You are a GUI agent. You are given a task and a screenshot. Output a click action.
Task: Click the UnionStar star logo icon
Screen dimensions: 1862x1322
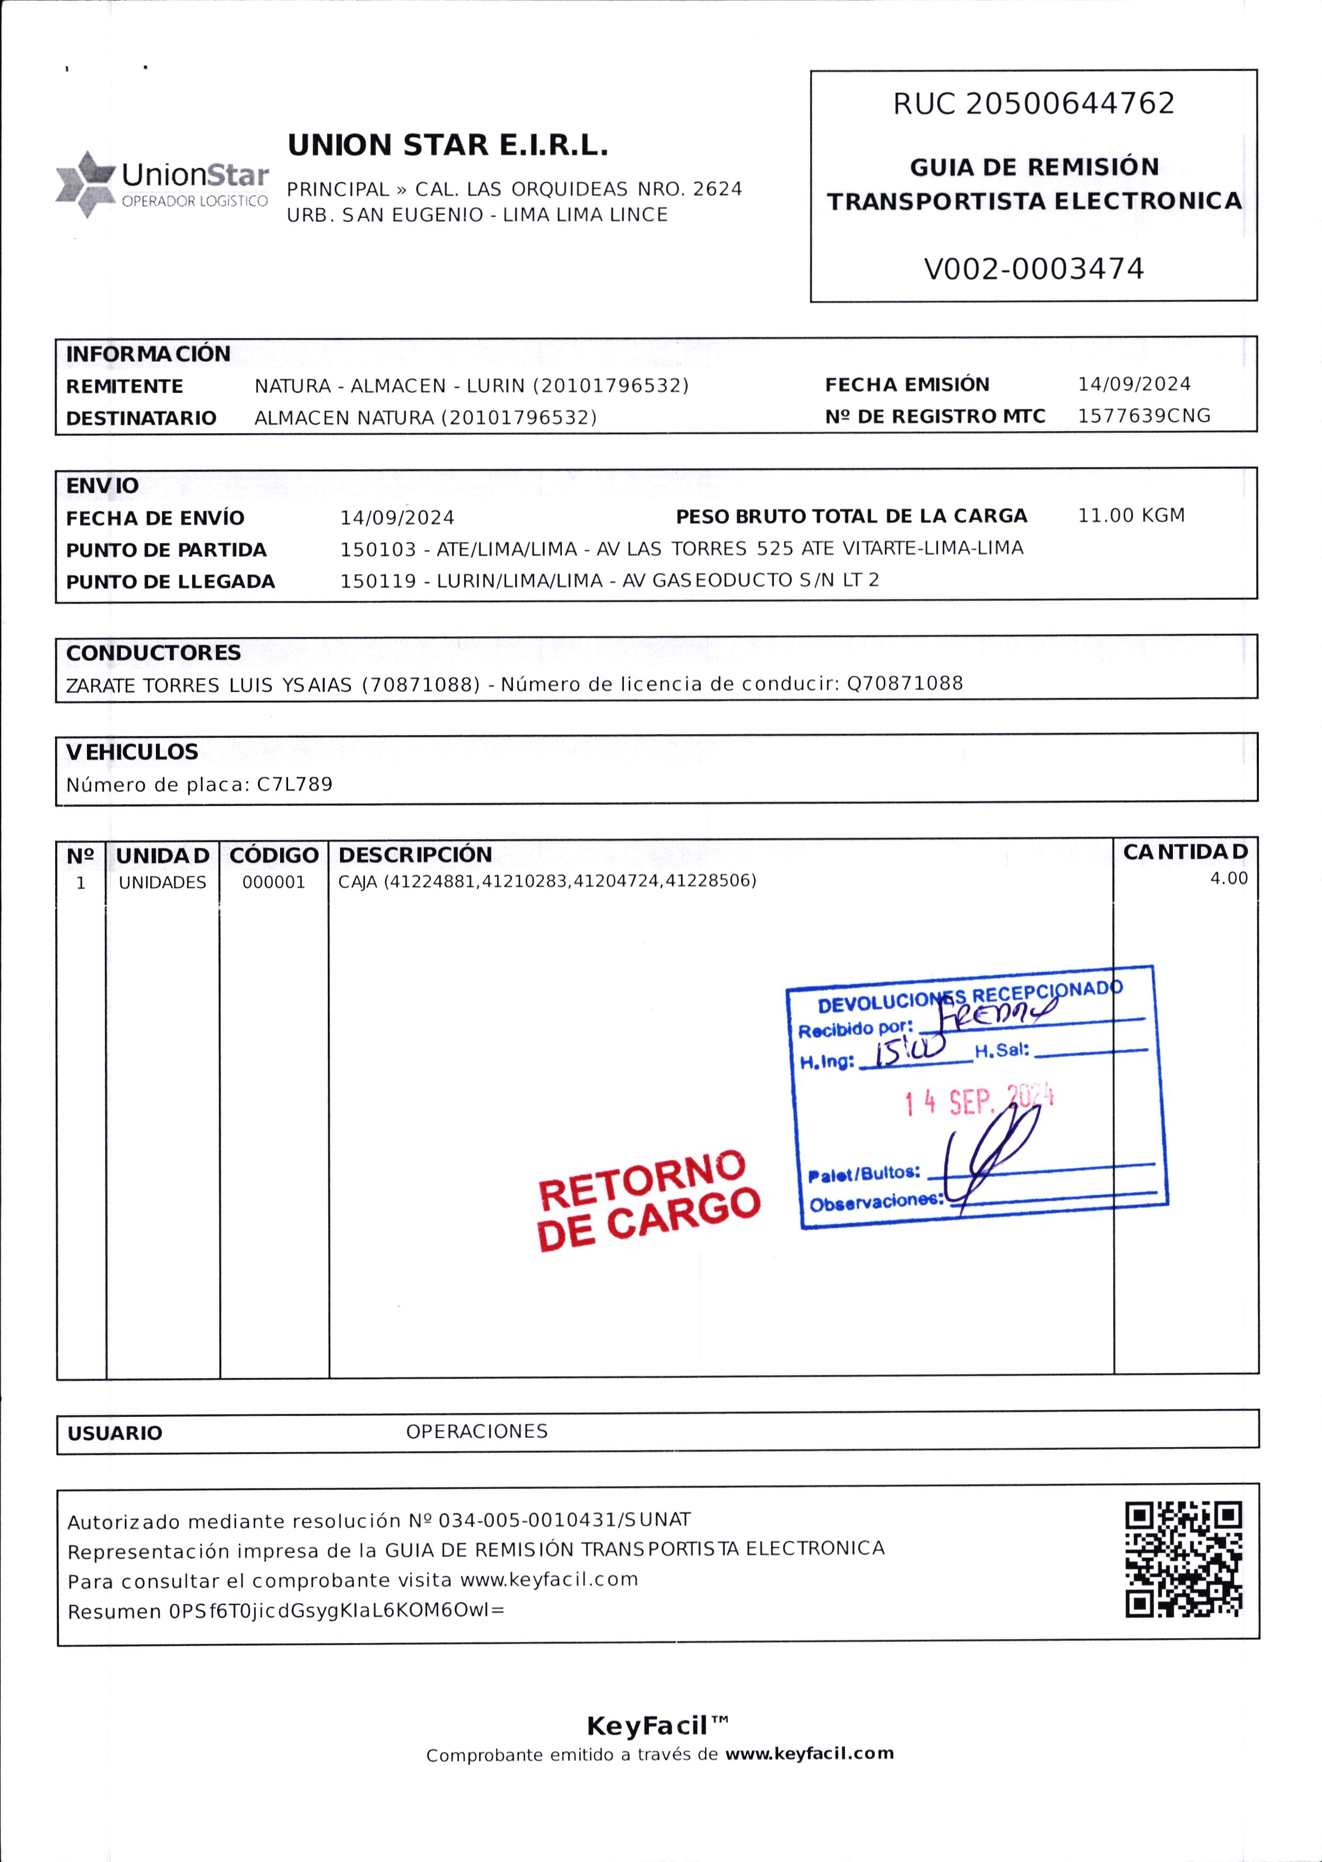(85, 184)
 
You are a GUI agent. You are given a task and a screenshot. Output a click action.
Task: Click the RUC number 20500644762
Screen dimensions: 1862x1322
(1071, 104)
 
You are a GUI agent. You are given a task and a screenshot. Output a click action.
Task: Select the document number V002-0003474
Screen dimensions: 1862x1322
(1034, 268)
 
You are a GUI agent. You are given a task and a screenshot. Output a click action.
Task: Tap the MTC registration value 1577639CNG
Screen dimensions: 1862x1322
(1144, 416)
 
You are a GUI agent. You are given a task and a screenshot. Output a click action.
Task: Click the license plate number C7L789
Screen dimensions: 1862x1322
(294, 784)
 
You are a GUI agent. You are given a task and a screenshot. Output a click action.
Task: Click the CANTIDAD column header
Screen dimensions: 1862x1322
(1185, 852)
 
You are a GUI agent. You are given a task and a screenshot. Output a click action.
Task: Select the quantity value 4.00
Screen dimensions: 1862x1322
(1229, 878)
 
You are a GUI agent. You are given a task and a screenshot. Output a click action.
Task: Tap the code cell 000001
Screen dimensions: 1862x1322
(274, 882)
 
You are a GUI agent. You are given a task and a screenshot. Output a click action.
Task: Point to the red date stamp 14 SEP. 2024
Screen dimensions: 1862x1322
(979, 1101)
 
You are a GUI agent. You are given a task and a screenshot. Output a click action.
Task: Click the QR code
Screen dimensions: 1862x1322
(1184, 1559)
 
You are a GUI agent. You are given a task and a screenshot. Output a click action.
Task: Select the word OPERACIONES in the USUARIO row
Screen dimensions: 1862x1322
(477, 1431)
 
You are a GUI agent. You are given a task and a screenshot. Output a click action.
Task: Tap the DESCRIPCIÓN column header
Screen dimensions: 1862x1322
(415, 854)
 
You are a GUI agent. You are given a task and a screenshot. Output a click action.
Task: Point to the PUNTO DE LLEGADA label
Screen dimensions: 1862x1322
(171, 582)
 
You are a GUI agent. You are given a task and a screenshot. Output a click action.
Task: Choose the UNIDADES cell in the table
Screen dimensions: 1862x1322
(163, 882)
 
